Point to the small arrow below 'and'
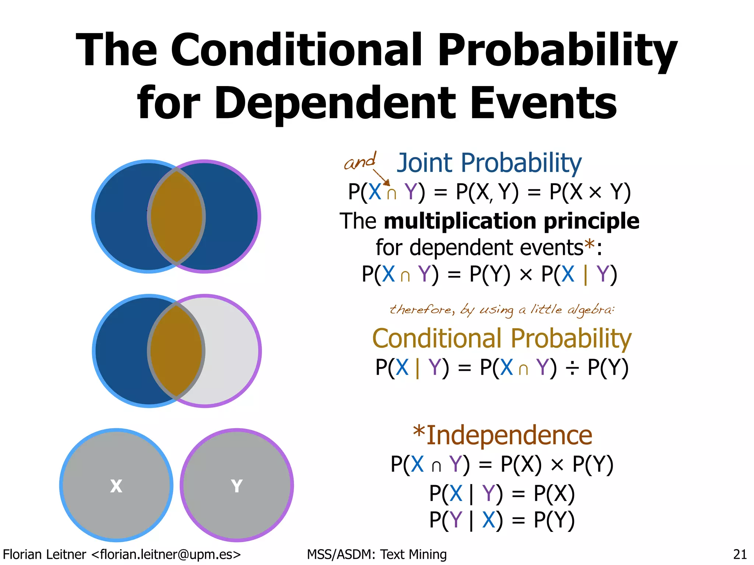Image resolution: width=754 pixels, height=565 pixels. coord(381,177)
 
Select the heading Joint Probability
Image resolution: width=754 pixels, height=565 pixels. coord(489,163)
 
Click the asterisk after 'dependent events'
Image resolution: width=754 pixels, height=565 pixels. coord(589,245)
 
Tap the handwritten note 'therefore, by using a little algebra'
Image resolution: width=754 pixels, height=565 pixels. coord(502,310)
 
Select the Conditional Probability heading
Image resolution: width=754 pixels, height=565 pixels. coord(502,338)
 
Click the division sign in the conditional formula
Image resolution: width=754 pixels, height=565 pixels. coord(572,368)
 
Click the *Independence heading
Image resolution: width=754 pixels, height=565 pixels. coord(503,435)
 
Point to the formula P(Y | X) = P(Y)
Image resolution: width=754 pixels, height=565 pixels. coord(502,520)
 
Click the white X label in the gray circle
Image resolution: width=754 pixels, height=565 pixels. coord(116,486)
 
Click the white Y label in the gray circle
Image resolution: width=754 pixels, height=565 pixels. coord(237,486)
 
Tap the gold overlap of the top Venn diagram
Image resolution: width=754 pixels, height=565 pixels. coord(176,216)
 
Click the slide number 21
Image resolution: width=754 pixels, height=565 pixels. coord(740,554)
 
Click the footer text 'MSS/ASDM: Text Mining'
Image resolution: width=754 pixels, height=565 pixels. coord(377,554)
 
